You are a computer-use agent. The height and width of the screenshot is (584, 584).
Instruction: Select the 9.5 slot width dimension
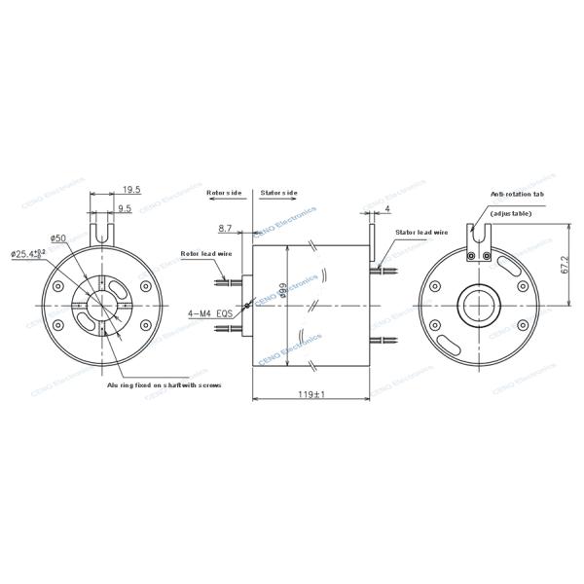(125, 208)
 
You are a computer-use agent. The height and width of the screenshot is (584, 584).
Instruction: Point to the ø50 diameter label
(57, 237)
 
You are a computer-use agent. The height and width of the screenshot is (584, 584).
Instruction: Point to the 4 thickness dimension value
(387, 209)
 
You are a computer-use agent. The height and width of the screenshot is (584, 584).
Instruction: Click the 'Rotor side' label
(224, 193)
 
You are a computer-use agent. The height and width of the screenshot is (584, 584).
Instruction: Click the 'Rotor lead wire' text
(205, 254)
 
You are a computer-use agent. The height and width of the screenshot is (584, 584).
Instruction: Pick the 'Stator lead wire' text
(420, 234)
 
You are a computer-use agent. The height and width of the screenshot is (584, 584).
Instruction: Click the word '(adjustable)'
(511, 212)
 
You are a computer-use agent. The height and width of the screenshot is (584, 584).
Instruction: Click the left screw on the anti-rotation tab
(470, 257)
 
